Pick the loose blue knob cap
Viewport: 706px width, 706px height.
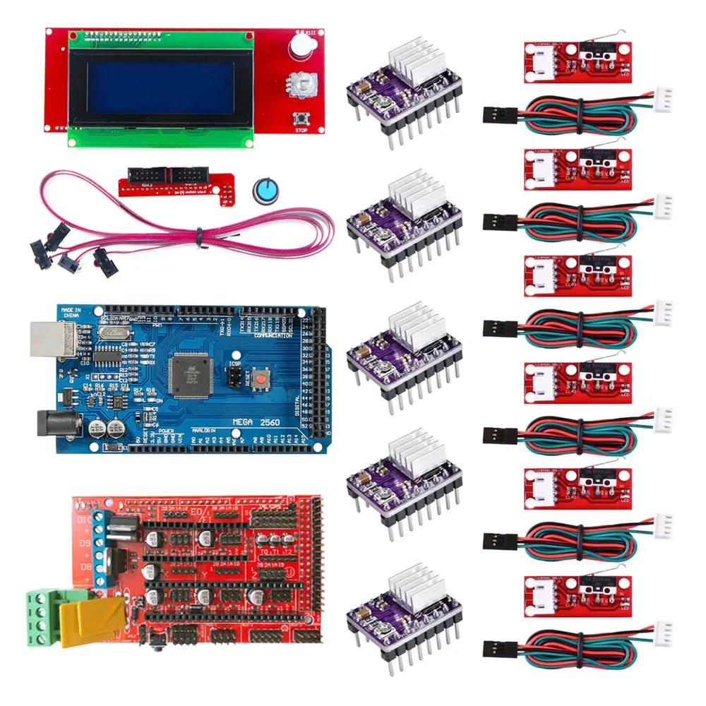263,189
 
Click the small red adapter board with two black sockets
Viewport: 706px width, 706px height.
169,180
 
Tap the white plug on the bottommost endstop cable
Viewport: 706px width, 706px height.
663,630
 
